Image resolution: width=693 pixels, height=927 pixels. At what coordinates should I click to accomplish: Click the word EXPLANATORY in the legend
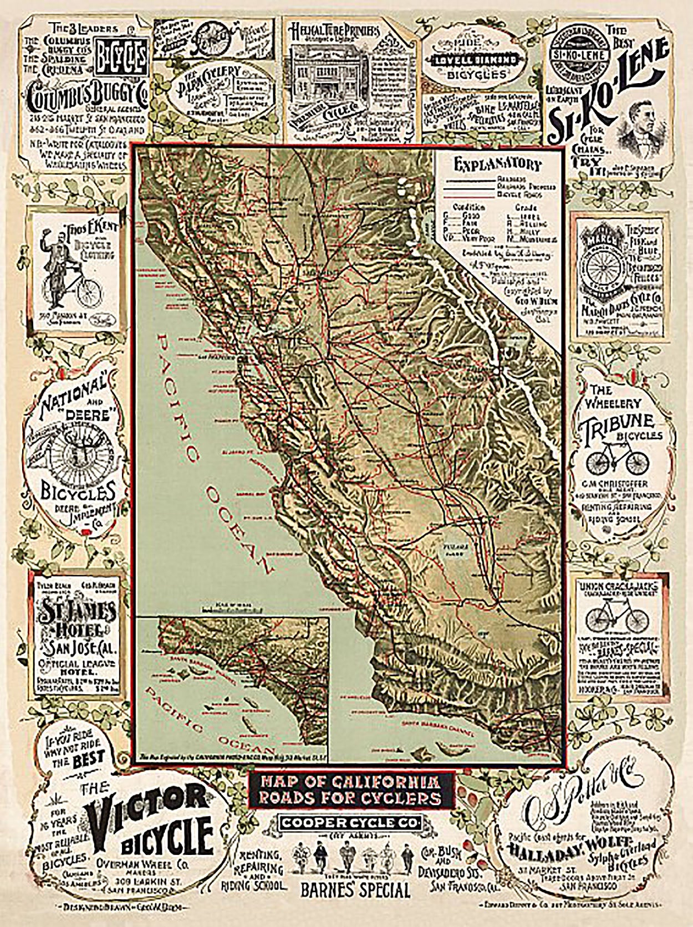coord(497,165)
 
